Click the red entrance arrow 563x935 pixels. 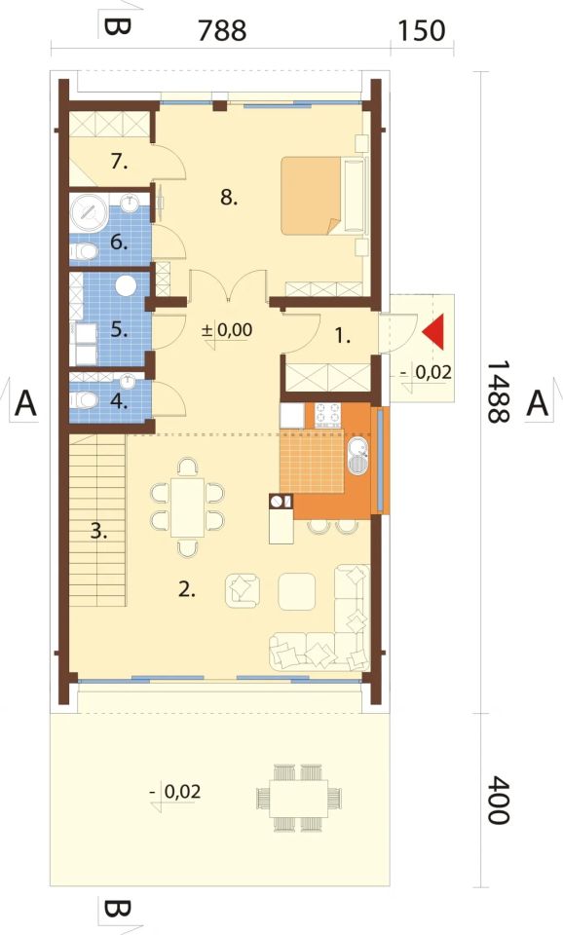(434, 332)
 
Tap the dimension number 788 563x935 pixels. (222, 31)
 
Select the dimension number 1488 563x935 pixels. (498, 392)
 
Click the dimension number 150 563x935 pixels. (421, 31)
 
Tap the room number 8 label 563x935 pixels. (229, 197)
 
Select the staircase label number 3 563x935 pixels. (99, 531)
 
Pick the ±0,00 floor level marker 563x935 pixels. (227, 330)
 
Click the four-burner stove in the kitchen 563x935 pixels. (328, 416)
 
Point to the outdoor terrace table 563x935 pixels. (298, 798)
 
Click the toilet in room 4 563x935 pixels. (84, 399)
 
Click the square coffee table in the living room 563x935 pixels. (297, 591)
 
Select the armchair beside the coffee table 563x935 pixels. (243, 590)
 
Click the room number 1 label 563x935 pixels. (342, 336)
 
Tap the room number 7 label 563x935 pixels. (119, 162)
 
